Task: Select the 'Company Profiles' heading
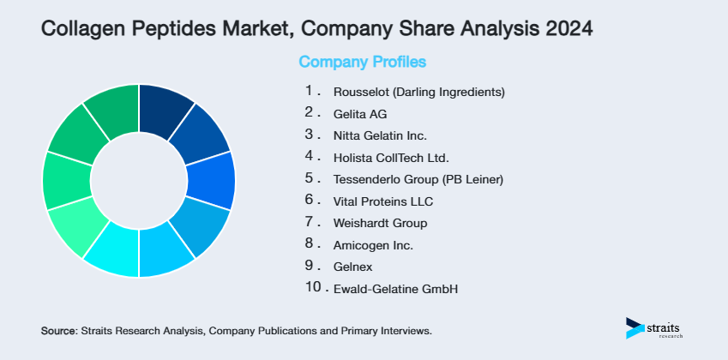[x=362, y=62]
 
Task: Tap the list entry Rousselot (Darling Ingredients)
[x=418, y=91]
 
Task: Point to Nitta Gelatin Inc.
[x=379, y=135]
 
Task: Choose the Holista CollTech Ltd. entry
[x=390, y=158]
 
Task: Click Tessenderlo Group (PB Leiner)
[x=418, y=179]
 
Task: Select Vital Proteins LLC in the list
[x=382, y=201]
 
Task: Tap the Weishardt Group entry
[x=379, y=224]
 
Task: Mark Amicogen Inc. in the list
[x=372, y=245]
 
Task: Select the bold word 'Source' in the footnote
[x=58, y=330]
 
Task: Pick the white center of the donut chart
[x=138, y=180]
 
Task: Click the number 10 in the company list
[x=313, y=288]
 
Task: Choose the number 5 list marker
[x=310, y=178]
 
